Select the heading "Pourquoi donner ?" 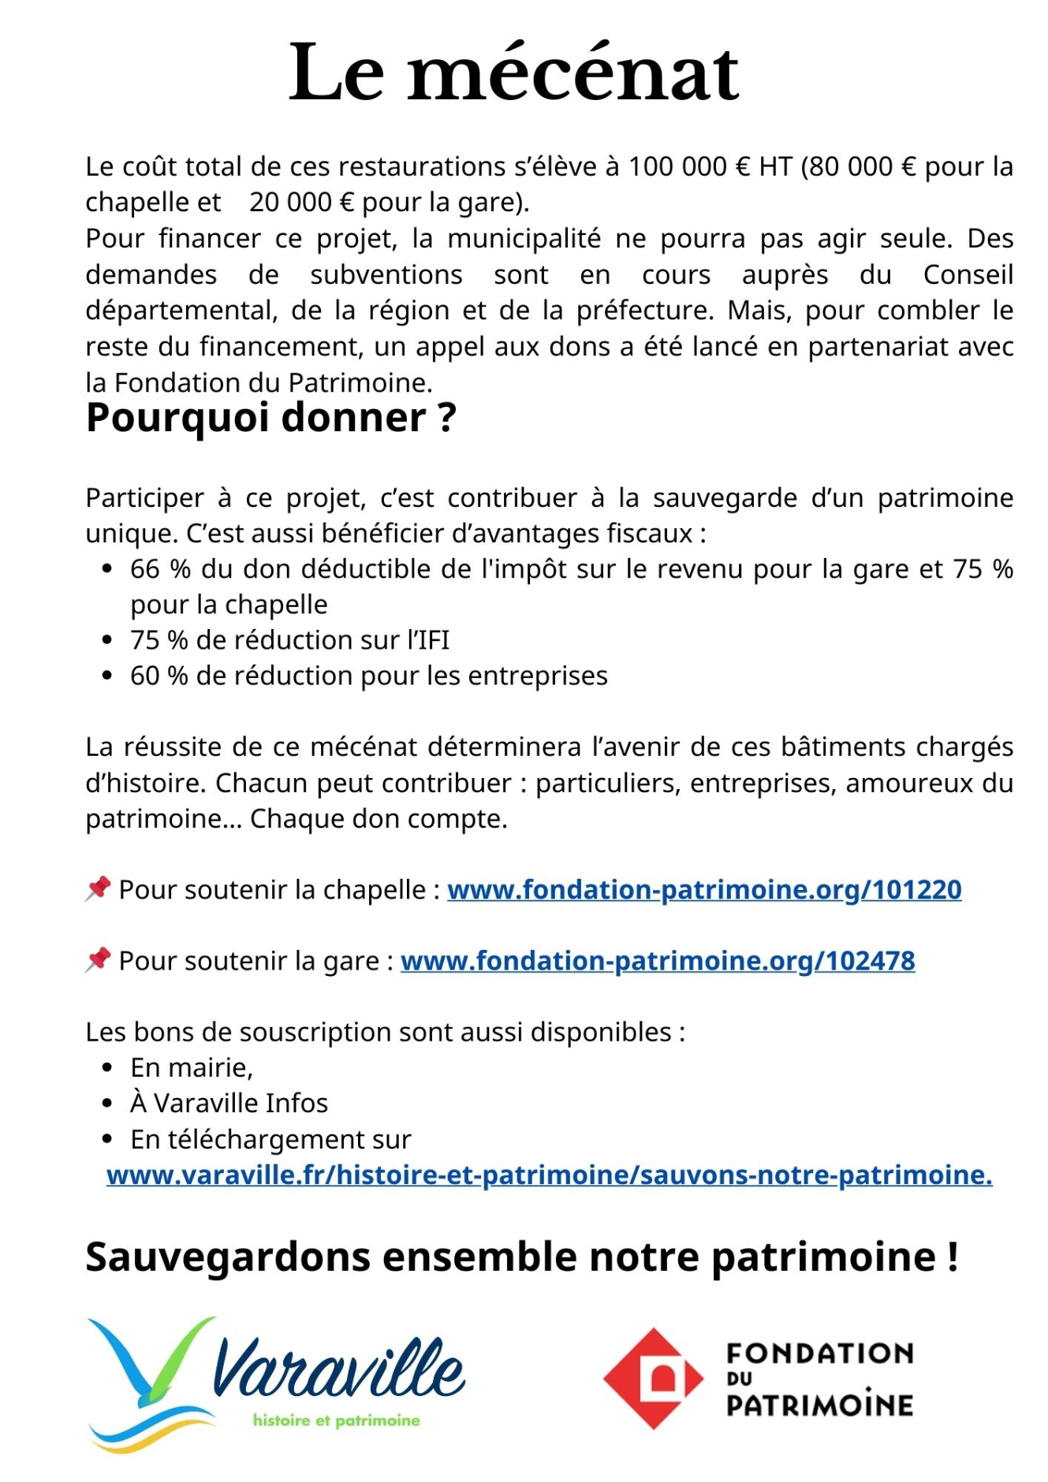coord(270,418)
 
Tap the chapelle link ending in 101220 coord(703,890)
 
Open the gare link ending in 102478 coord(657,961)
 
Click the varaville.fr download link coord(549,1175)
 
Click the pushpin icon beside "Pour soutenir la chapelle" coord(98,888)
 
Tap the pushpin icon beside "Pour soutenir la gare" coord(98,959)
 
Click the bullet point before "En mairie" coord(108,1068)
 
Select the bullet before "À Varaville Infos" coord(108,1104)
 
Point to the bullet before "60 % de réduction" coord(108,676)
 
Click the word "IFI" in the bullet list coord(432,641)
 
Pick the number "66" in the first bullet coord(145,569)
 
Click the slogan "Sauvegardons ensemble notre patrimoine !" coord(522,1257)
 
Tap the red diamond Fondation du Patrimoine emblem coord(653,1379)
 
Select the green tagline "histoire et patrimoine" coord(336,1421)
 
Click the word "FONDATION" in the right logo coord(819,1353)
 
